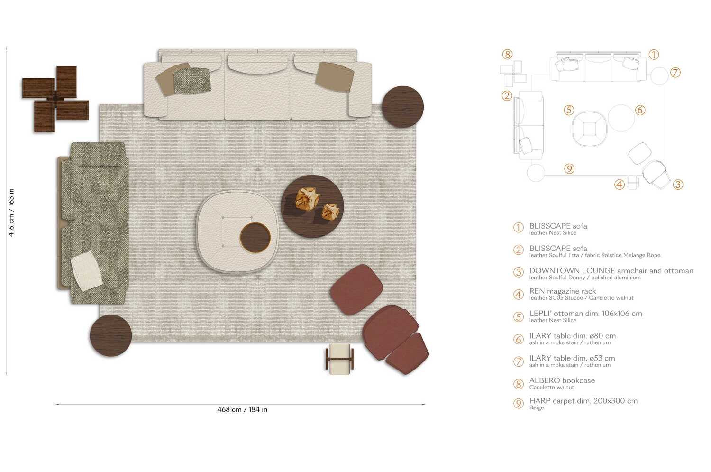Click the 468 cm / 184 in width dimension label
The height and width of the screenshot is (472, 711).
pos(242,409)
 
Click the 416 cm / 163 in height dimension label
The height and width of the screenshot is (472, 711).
pos(11,212)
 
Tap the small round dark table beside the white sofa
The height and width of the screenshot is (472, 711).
pos(402,107)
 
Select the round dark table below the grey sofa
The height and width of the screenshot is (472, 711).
pos(110,335)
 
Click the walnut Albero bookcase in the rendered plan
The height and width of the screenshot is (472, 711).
pos(55,99)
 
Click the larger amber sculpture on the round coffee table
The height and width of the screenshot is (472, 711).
pos(307,198)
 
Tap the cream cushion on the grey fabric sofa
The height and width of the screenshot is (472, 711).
pos(86,271)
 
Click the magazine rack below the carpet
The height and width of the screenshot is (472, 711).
pos(339,359)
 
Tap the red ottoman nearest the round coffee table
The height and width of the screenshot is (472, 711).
pos(356,289)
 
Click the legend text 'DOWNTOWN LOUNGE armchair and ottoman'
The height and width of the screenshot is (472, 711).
pos(611,271)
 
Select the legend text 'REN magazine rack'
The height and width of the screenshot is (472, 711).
pos(562,291)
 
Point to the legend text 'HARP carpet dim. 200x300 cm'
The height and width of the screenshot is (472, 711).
pos(583,401)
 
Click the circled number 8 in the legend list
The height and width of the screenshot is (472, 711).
pos(519,384)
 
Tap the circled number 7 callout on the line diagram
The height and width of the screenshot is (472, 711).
pos(675,73)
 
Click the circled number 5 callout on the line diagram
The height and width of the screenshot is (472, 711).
pos(569,110)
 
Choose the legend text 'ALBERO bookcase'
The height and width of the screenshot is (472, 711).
pos(562,380)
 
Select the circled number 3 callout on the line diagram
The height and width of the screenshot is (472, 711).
pos(678,185)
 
